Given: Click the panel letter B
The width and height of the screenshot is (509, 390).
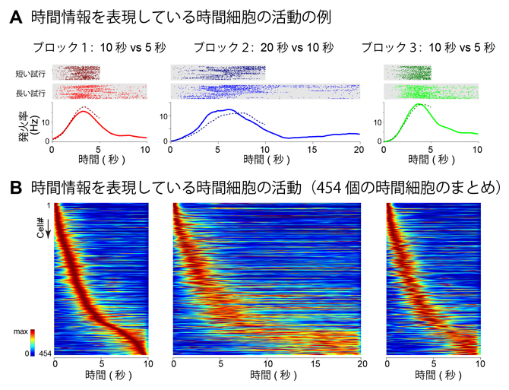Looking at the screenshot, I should (14, 187).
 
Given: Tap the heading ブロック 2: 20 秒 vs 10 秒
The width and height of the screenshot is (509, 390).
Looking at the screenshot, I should (264, 48).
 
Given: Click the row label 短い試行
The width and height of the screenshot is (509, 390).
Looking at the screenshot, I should (30, 74).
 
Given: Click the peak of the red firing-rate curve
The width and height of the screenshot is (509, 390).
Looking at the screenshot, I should (84, 111).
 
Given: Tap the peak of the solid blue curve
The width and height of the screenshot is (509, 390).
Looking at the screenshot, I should (227, 109).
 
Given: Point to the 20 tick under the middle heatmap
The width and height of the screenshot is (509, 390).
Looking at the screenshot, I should (359, 363).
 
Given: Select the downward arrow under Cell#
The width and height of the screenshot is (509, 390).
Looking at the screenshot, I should (47, 233).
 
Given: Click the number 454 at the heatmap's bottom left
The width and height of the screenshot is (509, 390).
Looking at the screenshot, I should (45, 354).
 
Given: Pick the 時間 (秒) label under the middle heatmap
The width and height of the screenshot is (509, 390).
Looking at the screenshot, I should (266, 376).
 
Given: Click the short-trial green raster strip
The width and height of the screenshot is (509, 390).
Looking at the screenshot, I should (407, 73).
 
